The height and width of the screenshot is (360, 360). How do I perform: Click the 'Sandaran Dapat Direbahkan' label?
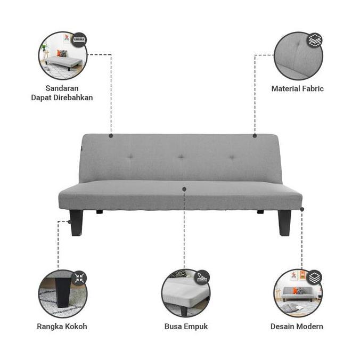[x=62, y=93]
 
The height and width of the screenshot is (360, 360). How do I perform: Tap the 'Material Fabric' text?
[x=297, y=89]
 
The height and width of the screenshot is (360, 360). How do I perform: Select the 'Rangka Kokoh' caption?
[x=62, y=326]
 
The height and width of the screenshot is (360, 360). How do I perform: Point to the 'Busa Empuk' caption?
[x=186, y=326]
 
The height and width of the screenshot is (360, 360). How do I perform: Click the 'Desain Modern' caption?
[x=297, y=326]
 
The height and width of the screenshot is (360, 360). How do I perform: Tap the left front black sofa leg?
[x=76, y=222]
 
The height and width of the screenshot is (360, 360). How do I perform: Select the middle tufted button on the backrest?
[x=181, y=157]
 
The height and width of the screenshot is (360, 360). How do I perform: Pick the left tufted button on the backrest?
[x=130, y=157]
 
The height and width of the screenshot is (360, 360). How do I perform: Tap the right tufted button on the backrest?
[x=231, y=157]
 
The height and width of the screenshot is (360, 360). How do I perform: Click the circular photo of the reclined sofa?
[x=62, y=56]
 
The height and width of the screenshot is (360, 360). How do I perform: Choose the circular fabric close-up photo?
[x=297, y=56]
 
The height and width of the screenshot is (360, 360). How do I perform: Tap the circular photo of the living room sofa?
[x=297, y=293]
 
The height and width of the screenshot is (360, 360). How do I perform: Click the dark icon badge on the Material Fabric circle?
[x=315, y=40]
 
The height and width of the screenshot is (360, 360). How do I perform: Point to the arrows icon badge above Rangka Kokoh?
[x=79, y=277]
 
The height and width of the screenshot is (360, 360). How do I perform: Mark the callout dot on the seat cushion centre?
[x=184, y=189]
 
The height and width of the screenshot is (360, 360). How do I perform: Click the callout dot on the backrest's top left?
[x=111, y=135]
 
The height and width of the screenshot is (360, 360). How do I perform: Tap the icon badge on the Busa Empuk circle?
[x=202, y=277]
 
